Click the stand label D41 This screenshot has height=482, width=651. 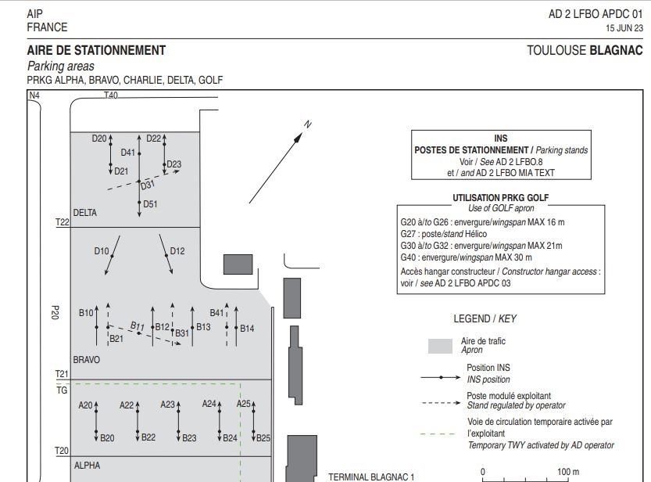128,153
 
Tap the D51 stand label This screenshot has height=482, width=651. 150,204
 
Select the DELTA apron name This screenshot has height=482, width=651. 85,213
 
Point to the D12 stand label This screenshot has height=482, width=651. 177,251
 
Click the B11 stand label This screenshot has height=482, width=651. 138,326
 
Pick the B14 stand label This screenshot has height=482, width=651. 247,329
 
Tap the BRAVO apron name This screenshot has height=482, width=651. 86,359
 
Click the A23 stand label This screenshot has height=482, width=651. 168,405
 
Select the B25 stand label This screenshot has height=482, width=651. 263,437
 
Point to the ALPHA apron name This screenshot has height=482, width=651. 87,465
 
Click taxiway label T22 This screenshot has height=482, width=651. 63,222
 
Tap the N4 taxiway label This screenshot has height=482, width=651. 34,95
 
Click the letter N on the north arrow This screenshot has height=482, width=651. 308,124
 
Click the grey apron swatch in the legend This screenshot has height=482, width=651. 440,346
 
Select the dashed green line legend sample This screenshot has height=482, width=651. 438,434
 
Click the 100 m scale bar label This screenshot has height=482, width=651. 568,472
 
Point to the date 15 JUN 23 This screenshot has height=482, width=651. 624,28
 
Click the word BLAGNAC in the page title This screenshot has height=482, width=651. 616,50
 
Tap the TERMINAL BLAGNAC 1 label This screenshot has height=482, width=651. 371,477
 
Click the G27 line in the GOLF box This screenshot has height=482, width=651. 443,234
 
